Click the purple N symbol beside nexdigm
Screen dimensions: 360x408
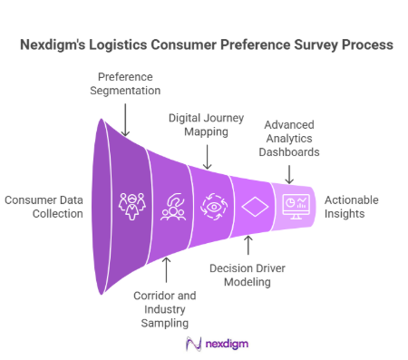click(x=191, y=344)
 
